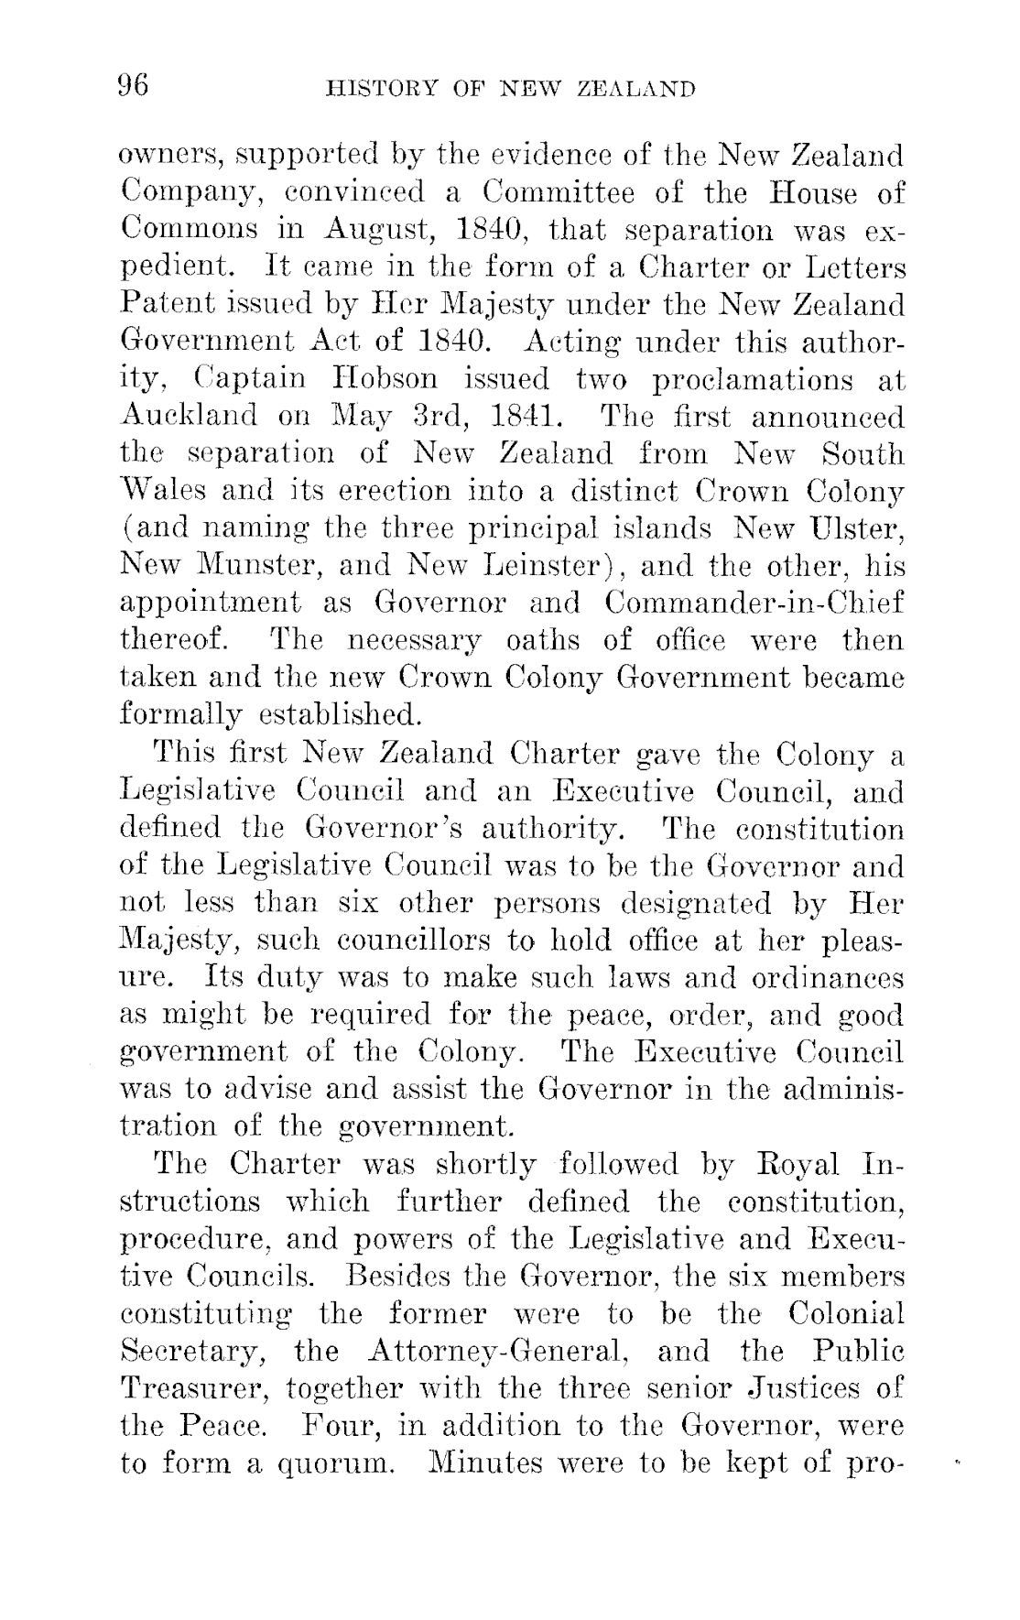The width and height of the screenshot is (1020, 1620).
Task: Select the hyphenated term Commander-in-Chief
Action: click(x=754, y=603)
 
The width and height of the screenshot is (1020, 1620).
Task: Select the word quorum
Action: click(x=340, y=1462)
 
